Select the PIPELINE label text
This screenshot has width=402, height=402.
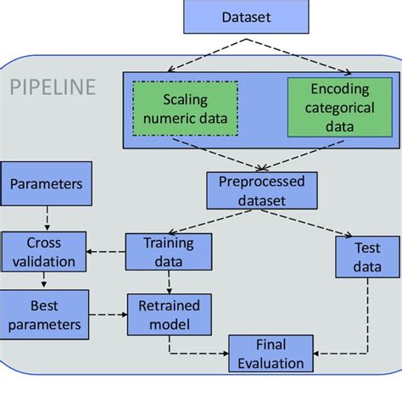point(52,87)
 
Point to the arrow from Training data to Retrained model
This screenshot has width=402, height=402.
point(170,281)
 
